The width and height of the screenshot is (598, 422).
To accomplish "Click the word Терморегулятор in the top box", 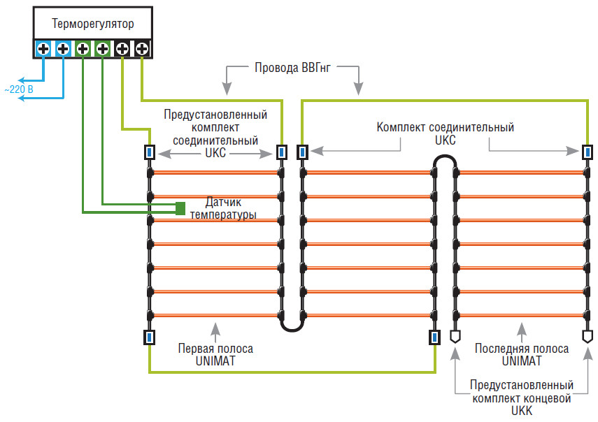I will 92,24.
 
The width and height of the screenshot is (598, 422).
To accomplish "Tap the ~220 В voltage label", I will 20,89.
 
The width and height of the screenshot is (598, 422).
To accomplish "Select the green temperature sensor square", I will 180,208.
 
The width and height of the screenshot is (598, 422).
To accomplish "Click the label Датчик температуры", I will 222,208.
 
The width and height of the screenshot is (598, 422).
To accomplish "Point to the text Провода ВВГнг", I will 292,68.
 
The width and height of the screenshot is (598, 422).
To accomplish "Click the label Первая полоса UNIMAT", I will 215,354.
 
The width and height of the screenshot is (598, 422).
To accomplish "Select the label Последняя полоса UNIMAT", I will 518,354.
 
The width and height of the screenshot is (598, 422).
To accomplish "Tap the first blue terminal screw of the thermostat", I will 43,49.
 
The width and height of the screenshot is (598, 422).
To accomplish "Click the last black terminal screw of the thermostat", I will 141,49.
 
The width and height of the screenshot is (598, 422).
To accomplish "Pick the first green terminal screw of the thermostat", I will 83,49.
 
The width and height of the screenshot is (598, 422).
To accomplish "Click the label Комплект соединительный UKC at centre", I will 445,133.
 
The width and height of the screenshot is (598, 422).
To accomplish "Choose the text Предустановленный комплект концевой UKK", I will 522,398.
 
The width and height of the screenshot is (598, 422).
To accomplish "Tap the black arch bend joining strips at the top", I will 445,162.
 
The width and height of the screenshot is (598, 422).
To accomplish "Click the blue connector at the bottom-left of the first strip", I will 149,337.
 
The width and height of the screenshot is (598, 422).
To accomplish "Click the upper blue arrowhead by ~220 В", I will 21,79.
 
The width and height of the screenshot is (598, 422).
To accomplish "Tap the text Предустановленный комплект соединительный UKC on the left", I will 215,133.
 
